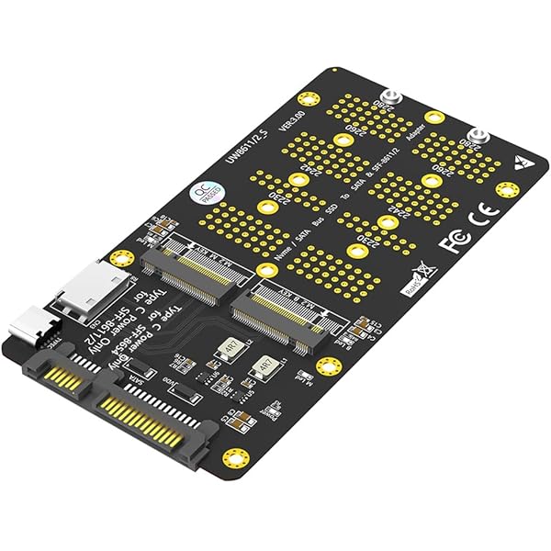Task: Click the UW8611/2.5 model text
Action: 242,141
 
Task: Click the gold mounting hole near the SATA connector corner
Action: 236,456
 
